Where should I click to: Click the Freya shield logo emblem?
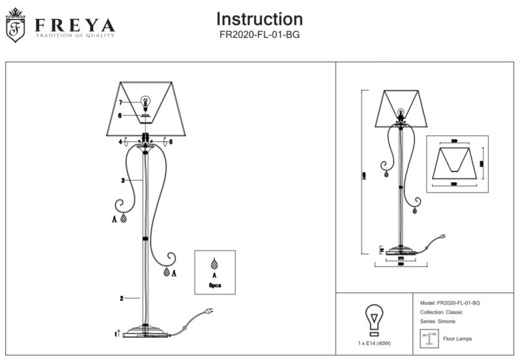(16, 26)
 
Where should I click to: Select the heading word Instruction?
(259, 19)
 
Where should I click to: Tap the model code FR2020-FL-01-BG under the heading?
(259, 36)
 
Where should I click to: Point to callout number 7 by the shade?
(120, 102)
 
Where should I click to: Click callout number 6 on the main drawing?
(120, 115)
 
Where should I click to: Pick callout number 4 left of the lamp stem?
(120, 141)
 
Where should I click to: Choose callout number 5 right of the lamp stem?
(171, 141)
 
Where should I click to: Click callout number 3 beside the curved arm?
(122, 180)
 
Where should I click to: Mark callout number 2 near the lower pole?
(122, 299)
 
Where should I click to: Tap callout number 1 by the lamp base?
(115, 333)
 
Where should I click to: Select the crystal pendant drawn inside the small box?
(214, 266)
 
